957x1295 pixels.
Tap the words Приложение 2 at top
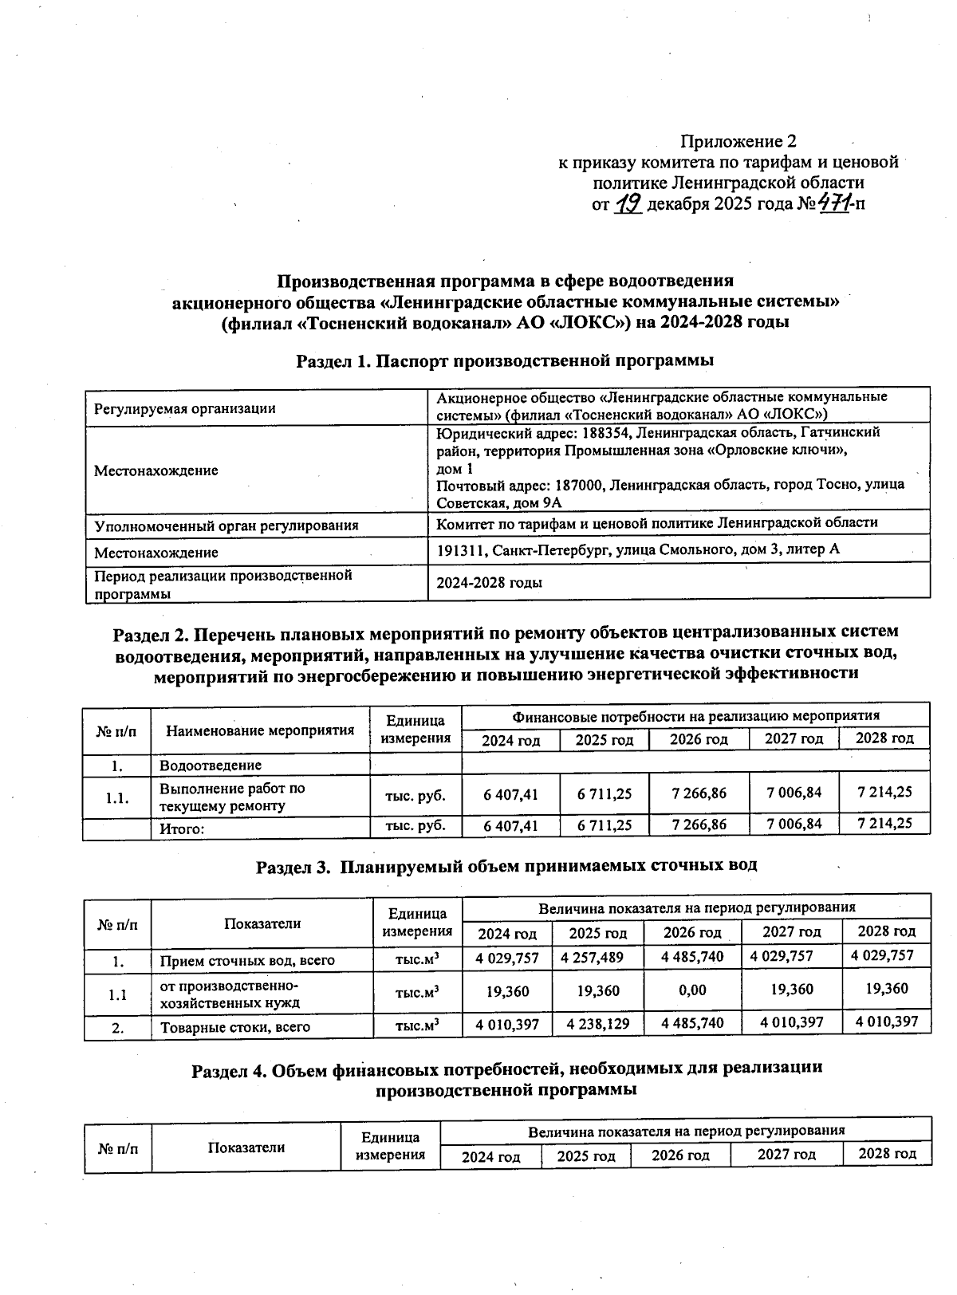tap(738, 141)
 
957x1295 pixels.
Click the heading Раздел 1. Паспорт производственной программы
tap(504, 360)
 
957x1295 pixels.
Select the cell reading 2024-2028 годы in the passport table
tap(489, 582)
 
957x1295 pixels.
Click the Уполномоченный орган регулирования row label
tap(226, 525)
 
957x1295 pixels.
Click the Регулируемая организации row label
tap(184, 408)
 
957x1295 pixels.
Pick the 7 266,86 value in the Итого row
tap(699, 825)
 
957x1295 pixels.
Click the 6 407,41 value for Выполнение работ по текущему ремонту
tap(510, 794)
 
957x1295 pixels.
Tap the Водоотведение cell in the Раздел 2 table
tap(211, 766)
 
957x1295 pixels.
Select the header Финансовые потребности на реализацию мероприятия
tap(695, 715)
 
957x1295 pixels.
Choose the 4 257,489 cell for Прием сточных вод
tap(592, 957)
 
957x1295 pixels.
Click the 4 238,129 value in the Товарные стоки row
tap(597, 1023)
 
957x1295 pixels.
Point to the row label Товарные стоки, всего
tap(234, 1027)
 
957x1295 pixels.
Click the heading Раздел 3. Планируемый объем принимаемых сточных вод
tap(506, 865)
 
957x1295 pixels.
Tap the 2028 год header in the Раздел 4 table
tap(887, 1153)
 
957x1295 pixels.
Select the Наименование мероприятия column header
tap(259, 730)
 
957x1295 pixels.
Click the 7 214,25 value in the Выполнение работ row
tap(884, 792)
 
